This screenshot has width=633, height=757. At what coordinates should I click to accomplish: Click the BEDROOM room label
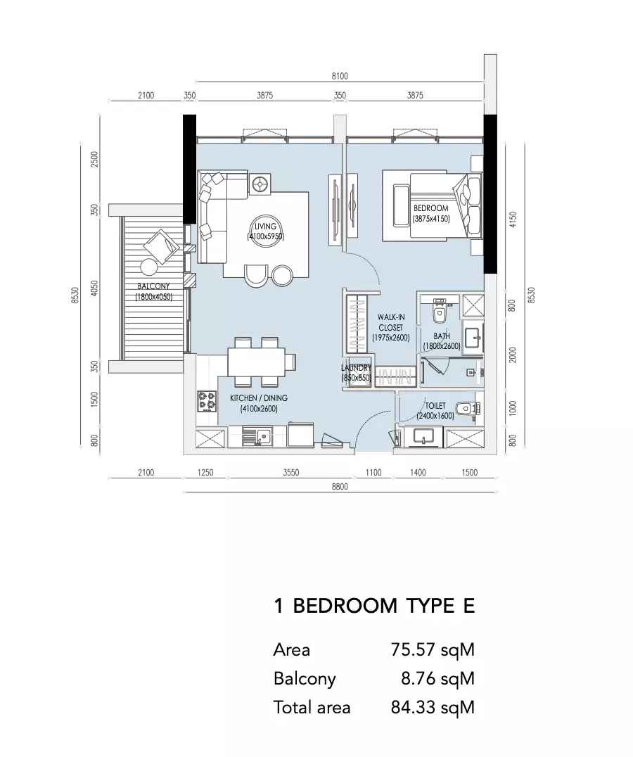(431, 208)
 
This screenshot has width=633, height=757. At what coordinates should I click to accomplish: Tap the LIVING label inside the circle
(265, 227)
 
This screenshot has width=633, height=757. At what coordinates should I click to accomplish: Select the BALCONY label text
(153, 286)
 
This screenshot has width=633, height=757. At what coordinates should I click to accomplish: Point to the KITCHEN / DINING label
(259, 398)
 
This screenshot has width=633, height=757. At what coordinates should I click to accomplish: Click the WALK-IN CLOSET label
(391, 322)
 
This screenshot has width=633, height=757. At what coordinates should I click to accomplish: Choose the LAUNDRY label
(356, 368)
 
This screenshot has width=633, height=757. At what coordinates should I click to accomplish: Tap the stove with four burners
(207, 402)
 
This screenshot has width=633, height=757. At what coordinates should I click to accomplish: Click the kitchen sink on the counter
(258, 437)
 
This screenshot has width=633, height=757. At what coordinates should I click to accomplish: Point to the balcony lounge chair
(162, 246)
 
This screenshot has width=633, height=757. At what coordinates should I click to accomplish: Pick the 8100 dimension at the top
(340, 76)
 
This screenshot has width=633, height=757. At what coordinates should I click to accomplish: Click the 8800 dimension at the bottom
(340, 487)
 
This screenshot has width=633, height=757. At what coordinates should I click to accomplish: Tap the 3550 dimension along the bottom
(291, 473)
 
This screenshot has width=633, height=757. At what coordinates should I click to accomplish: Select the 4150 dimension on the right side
(513, 220)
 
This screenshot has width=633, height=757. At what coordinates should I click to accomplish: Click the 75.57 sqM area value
(433, 650)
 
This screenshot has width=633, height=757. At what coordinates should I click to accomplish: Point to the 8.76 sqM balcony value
(437, 679)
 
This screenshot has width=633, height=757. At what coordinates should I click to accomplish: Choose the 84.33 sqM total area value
(433, 708)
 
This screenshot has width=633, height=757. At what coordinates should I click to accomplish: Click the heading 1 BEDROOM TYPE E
(374, 606)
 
